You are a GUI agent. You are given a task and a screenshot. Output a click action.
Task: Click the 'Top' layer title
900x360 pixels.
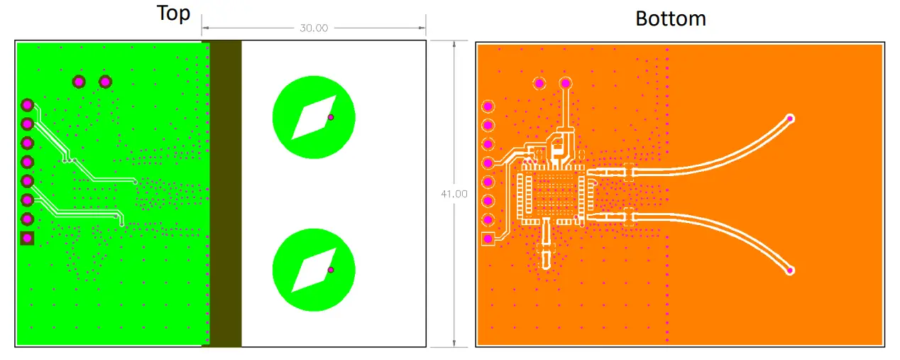coord(173,13)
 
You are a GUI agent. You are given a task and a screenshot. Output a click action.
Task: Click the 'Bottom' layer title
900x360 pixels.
coord(670,18)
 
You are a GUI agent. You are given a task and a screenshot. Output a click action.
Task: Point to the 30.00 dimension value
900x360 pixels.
coord(313,28)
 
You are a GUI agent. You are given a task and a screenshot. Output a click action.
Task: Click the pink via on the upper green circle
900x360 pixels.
coord(330,117)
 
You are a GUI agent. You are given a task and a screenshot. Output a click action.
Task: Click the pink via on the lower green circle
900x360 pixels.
coord(330,270)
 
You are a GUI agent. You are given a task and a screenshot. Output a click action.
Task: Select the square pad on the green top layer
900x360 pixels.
coord(27,238)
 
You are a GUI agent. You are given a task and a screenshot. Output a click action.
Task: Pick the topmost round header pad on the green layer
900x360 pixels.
coord(27,105)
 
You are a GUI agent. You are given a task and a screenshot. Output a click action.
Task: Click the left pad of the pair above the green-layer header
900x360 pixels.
coord(79,82)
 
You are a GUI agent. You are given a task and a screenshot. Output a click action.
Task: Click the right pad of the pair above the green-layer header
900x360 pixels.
coord(105,82)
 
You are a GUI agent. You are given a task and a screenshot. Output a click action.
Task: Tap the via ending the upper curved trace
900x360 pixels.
coord(790,119)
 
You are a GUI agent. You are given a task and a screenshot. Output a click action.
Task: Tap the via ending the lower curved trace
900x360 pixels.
coord(790,271)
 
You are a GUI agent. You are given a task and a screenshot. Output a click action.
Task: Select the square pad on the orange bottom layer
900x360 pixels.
coord(488,239)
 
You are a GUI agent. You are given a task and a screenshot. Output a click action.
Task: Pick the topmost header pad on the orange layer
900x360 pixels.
coord(488,107)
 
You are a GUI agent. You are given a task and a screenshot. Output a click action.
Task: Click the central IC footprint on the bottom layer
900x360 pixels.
coord(552,195)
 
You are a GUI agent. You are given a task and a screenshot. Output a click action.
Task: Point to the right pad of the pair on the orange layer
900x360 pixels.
coord(566,84)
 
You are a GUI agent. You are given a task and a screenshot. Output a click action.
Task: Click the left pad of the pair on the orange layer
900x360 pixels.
coord(539,84)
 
